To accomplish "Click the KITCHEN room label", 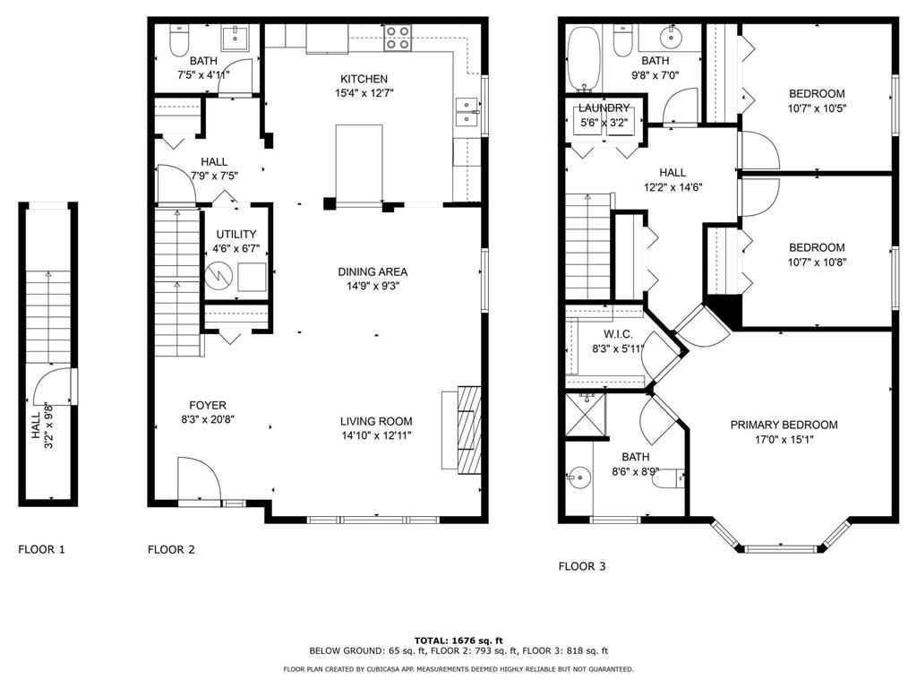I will [x=364, y=79].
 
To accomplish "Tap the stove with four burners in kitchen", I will [x=399, y=37].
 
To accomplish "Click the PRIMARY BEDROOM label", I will [x=784, y=425].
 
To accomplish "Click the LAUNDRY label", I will [x=605, y=108].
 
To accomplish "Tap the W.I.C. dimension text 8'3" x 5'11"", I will [x=613, y=349].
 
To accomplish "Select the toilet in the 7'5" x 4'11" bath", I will [x=180, y=41].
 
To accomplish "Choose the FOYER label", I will [x=207, y=405].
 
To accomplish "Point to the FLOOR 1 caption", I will [x=41, y=549].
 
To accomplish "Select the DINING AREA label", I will [x=373, y=271].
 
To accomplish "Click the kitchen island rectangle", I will [x=359, y=163].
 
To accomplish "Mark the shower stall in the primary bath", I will [x=585, y=415].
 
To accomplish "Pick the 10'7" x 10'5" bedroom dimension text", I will [x=816, y=108].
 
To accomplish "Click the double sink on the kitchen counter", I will [x=467, y=112].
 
